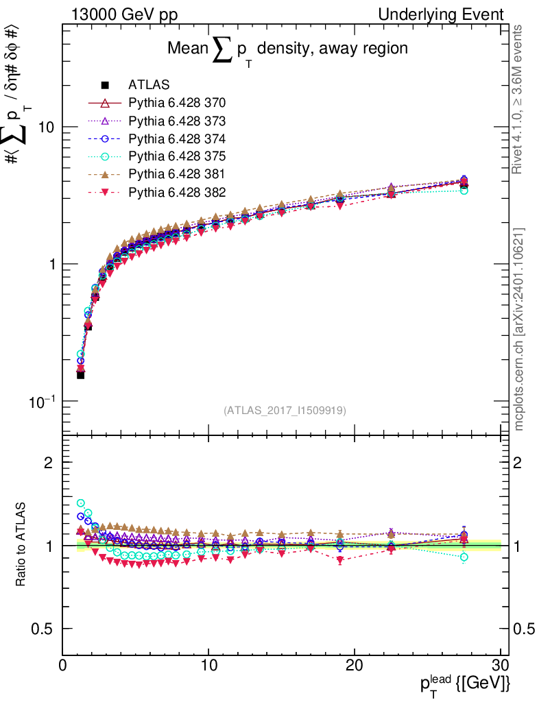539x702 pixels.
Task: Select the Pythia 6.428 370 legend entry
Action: tap(177, 104)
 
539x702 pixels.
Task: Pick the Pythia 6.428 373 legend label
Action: tap(177, 121)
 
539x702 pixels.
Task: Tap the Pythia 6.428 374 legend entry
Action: tap(177, 138)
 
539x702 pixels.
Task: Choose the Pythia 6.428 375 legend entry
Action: tap(177, 156)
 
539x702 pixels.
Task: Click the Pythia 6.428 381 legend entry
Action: tap(177, 174)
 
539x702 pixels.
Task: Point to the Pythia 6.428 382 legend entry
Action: tap(177, 192)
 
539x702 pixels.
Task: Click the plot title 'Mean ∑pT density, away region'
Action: tap(288, 49)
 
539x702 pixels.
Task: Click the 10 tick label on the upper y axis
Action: tap(45, 128)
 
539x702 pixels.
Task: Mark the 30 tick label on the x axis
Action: tap(500, 666)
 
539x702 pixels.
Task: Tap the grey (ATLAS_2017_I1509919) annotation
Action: tap(285, 410)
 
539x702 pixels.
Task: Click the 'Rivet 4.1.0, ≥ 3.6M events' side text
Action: tap(519, 99)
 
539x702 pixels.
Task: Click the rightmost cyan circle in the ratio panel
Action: tap(464, 557)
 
